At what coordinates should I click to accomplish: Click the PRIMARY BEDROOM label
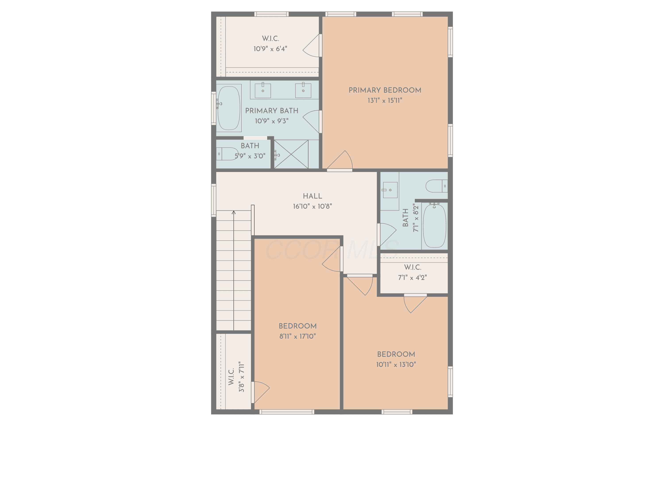[x=385, y=90]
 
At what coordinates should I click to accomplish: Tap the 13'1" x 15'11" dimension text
[x=385, y=100]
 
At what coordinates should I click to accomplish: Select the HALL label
[x=313, y=196]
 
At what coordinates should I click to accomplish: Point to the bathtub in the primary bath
[x=229, y=108]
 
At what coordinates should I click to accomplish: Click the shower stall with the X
[x=291, y=154]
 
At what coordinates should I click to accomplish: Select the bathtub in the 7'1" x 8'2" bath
[x=434, y=226]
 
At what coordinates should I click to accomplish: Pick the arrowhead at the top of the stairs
[x=234, y=212]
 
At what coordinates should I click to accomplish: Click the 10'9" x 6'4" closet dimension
[x=270, y=49]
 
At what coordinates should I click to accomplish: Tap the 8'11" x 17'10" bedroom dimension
[x=297, y=336]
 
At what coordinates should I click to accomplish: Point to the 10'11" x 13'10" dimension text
[x=396, y=364]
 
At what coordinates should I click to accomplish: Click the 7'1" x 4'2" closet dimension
[x=412, y=277]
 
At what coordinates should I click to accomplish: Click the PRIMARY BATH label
[x=272, y=111]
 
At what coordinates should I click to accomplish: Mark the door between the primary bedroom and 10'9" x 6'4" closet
[x=312, y=45]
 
